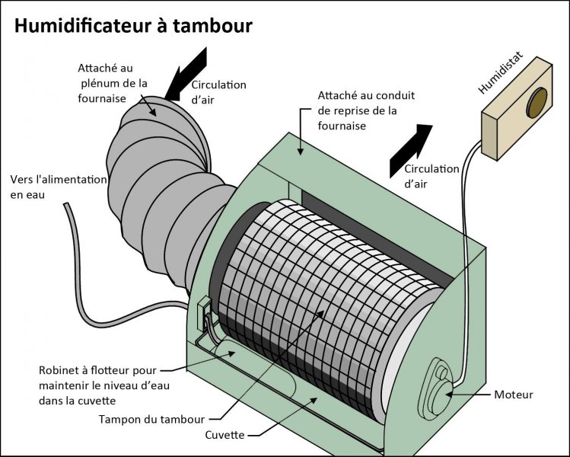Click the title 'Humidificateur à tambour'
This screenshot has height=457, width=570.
pyautogui.click(x=133, y=26)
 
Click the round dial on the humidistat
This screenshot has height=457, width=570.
pyautogui.click(x=538, y=103)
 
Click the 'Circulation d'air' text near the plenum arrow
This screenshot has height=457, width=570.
pyautogui.click(x=218, y=91)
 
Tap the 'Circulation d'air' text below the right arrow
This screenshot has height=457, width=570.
pyautogui.click(x=431, y=176)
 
